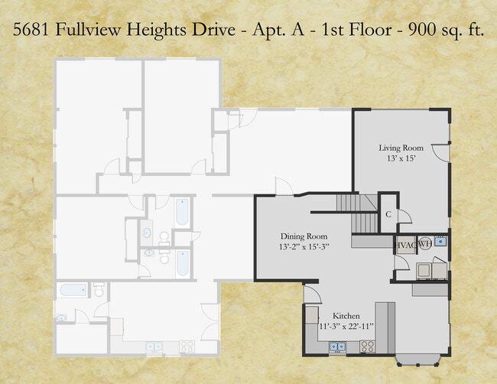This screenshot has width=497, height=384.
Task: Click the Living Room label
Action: point(401,148)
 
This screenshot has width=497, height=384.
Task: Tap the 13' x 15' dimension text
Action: point(401,159)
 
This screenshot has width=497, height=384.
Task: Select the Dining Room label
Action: point(304,236)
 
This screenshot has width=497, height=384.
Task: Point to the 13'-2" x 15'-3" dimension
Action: point(304,248)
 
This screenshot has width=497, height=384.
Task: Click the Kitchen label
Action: point(346,316)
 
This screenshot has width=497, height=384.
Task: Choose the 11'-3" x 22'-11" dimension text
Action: point(346,327)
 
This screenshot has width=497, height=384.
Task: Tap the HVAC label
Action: point(404,244)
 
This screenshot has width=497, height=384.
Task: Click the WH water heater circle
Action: point(424,243)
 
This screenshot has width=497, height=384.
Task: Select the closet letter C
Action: point(388,215)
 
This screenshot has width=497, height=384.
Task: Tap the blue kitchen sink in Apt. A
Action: point(336,347)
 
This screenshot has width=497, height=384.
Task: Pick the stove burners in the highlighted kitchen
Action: point(366,347)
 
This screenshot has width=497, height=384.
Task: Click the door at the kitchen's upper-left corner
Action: point(311,295)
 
